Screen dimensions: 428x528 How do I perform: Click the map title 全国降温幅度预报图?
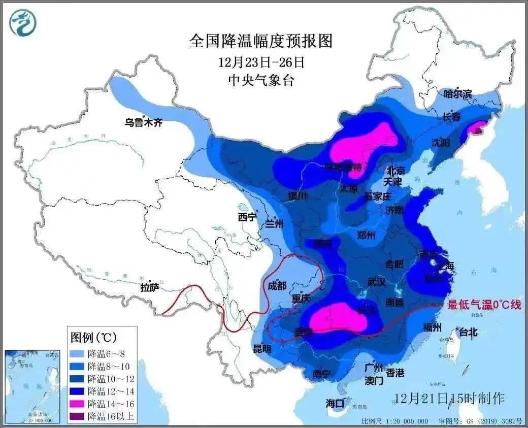pos(261,41)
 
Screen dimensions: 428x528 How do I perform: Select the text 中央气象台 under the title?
pos(261,80)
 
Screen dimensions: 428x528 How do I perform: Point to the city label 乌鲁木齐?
pos(144,122)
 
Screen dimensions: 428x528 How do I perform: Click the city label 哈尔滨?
pos(457,94)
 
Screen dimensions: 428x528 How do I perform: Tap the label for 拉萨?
pos(150,288)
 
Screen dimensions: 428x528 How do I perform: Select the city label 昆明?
pos(262,349)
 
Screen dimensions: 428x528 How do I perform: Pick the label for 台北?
pos(468,333)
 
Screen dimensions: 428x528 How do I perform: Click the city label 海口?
pos(335,403)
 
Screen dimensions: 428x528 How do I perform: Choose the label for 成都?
pos(277,285)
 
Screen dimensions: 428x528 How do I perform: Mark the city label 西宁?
pos(248,217)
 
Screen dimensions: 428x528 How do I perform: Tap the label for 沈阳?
pos(440,143)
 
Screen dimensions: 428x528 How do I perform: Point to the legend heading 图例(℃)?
pos(93,337)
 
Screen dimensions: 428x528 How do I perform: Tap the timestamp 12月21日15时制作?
pos(449,398)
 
